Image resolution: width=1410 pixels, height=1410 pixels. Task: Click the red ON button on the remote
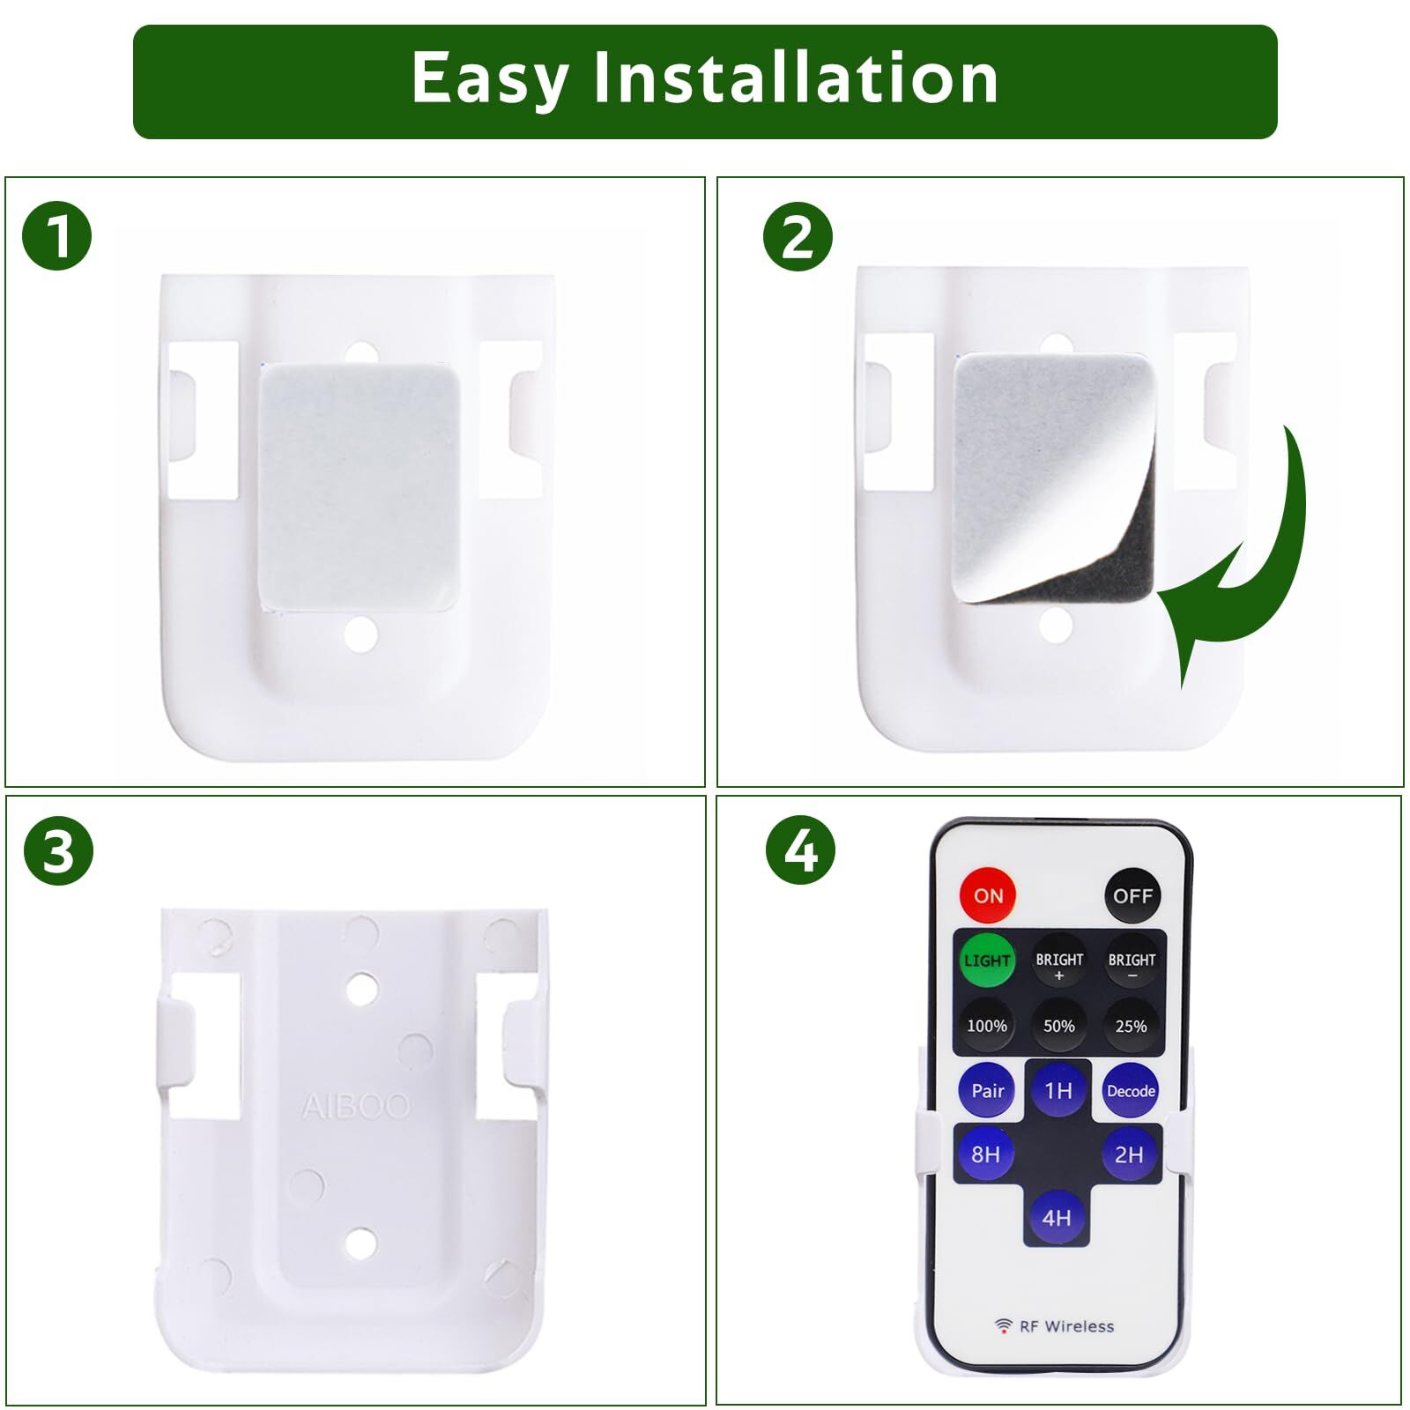tap(988, 895)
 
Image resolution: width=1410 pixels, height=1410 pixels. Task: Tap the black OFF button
tap(1132, 896)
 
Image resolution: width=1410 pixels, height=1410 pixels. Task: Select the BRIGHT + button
tap(1059, 962)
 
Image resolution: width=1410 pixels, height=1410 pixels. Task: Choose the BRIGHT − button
tap(1132, 962)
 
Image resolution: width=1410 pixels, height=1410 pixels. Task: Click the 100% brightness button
tap(987, 1026)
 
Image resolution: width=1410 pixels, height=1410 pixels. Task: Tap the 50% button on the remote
tap(1059, 1026)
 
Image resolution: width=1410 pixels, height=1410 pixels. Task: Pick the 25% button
tap(1132, 1026)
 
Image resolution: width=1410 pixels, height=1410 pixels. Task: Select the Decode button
tap(1131, 1091)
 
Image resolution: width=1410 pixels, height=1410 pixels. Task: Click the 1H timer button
tap(1058, 1091)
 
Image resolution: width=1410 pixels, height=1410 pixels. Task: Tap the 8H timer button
tap(986, 1154)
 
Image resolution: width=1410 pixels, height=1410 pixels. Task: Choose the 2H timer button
tap(1130, 1154)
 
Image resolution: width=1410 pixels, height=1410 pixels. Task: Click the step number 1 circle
tap(57, 236)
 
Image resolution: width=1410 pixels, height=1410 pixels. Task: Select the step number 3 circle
tap(58, 852)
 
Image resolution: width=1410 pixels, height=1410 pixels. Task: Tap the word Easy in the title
tap(490, 79)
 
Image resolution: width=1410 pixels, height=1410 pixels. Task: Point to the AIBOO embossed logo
tap(356, 1106)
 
